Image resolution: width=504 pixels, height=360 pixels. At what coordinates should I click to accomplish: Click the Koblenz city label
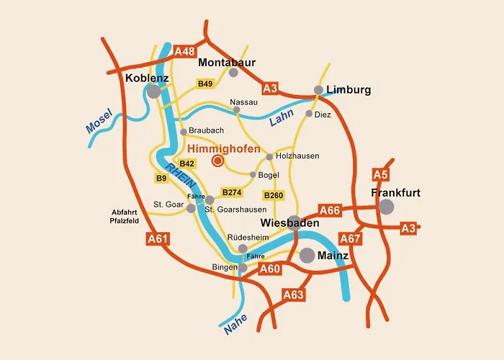click(147, 78)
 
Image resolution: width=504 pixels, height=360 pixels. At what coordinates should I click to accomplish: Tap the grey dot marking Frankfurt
click(387, 207)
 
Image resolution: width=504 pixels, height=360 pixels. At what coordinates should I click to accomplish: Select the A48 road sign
click(185, 51)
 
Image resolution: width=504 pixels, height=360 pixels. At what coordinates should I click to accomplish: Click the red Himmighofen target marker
click(217, 161)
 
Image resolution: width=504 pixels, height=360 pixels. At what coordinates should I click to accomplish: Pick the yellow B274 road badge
click(232, 192)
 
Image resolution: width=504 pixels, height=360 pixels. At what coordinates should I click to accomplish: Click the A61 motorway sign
click(158, 239)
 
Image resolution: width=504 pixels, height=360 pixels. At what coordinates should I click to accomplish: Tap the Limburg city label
click(348, 90)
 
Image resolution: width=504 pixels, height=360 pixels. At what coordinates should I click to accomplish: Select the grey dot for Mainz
click(307, 255)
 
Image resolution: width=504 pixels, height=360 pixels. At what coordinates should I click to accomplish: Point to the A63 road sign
click(294, 294)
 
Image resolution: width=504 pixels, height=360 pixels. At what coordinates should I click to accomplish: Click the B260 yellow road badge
click(274, 195)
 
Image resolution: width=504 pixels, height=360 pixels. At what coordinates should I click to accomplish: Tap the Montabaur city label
click(227, 62)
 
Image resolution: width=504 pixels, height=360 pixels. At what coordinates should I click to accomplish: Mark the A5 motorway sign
click(381, 174)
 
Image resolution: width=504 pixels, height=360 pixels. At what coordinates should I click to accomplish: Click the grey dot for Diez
click(309, 114)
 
